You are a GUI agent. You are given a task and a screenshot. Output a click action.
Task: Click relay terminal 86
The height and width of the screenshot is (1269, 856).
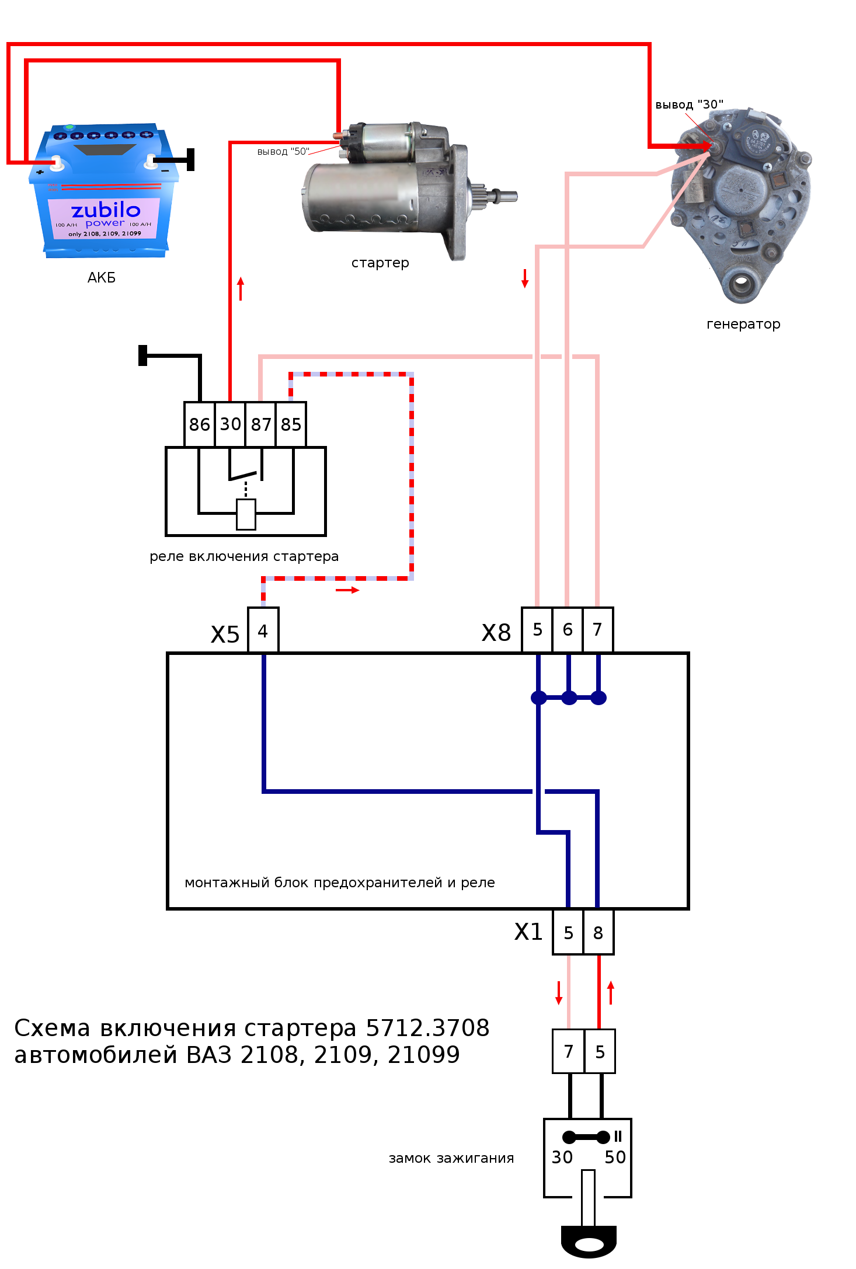199,424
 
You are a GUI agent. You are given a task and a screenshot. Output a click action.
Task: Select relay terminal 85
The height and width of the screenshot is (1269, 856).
291,424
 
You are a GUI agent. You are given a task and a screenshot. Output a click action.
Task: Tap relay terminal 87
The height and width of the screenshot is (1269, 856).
261,424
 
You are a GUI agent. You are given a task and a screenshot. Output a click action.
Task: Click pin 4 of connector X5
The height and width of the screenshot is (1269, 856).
263,631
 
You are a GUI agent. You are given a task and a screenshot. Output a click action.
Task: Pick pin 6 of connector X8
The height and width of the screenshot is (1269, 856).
567,630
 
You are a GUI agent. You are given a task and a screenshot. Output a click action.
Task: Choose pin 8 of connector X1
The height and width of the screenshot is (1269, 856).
598,933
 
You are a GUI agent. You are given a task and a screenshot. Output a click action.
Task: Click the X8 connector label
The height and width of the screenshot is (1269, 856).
496,633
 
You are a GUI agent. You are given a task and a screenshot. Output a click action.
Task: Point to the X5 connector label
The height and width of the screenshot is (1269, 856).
225,634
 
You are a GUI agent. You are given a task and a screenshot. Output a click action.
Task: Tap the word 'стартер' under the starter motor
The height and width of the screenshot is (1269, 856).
380,263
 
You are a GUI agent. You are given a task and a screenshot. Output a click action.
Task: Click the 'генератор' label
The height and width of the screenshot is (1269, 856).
743,324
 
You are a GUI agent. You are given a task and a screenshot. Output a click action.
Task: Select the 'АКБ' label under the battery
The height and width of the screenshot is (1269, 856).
102,278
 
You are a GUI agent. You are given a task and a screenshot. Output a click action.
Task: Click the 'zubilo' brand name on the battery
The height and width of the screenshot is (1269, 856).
106,210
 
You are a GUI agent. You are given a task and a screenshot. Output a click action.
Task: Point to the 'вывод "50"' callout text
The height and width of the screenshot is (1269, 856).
283,152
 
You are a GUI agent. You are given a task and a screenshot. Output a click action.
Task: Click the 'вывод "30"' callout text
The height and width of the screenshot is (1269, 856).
689,104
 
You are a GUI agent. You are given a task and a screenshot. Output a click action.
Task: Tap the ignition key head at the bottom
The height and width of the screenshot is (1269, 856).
589,1242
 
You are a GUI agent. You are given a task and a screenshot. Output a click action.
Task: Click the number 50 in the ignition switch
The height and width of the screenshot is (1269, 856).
615,1157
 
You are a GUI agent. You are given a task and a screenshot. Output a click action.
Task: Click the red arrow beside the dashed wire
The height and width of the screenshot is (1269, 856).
347,590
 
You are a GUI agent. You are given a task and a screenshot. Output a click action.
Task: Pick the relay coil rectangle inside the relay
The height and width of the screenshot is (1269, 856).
246,514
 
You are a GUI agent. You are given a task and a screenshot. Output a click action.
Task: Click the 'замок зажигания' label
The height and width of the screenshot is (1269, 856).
451,1158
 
